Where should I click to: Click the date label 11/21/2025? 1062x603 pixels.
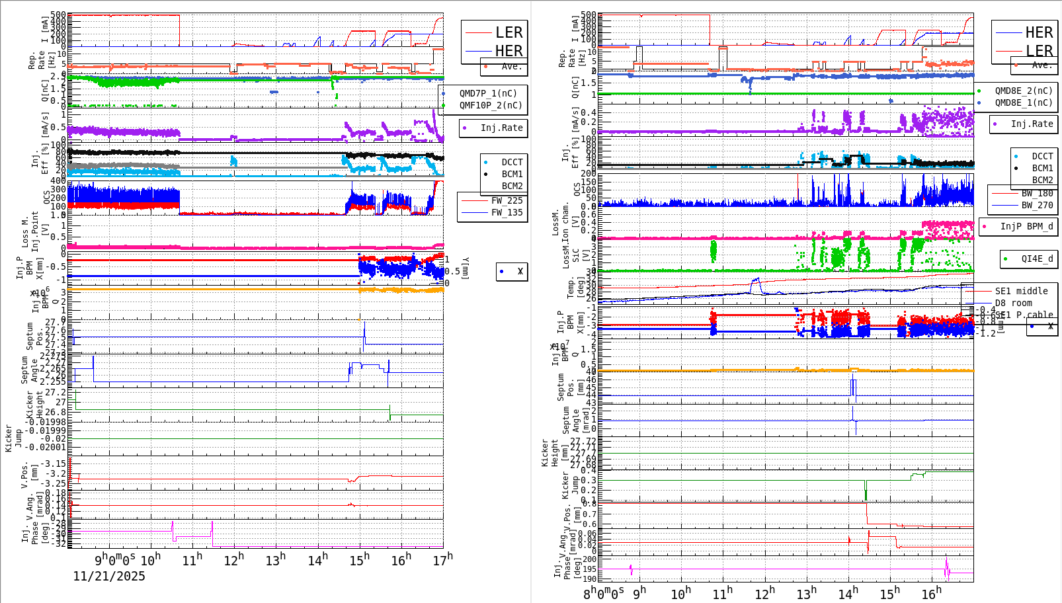coord(108,577)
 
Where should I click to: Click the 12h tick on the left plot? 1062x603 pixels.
coord(233,561)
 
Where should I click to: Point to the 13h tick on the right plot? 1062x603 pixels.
coord(806,594)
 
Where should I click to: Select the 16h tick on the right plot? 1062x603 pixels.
coord(931,594)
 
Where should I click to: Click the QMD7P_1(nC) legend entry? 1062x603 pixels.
coord(488,93)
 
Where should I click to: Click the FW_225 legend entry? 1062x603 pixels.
coord(507,200)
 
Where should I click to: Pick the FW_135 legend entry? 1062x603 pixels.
coord(507,212)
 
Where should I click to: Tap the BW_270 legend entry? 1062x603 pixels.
coord(1037,205)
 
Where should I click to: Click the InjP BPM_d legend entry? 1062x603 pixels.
coord(1026,226)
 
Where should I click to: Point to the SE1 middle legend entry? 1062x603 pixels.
coord(1021,291)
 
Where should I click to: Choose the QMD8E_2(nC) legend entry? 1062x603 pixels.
coord(1024,91)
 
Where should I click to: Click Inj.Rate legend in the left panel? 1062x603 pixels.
coord(501,128)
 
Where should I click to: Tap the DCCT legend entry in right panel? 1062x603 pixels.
coord(1042,157)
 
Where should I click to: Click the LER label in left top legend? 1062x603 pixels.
coord(509,32)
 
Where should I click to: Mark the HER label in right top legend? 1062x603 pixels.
coord(1039,32)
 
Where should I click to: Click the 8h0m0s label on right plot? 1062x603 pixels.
coord(604,594)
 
